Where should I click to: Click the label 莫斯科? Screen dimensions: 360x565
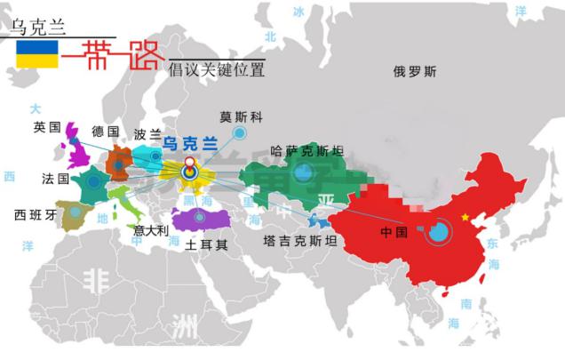[241, 116]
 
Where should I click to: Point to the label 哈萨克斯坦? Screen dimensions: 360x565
[306, 150]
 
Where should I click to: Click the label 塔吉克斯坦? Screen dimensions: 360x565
[299, 240]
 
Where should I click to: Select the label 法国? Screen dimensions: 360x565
[55, 178]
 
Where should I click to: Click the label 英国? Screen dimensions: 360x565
[46, 127]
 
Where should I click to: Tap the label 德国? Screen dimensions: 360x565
[105, 131]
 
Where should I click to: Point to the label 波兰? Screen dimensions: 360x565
[147, 134]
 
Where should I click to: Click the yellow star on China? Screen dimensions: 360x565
[464, 217]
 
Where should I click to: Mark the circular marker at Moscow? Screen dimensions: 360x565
[239, 134]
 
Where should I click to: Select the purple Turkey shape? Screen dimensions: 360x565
[200, 220]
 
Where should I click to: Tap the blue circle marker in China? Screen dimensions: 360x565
[437, 234]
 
